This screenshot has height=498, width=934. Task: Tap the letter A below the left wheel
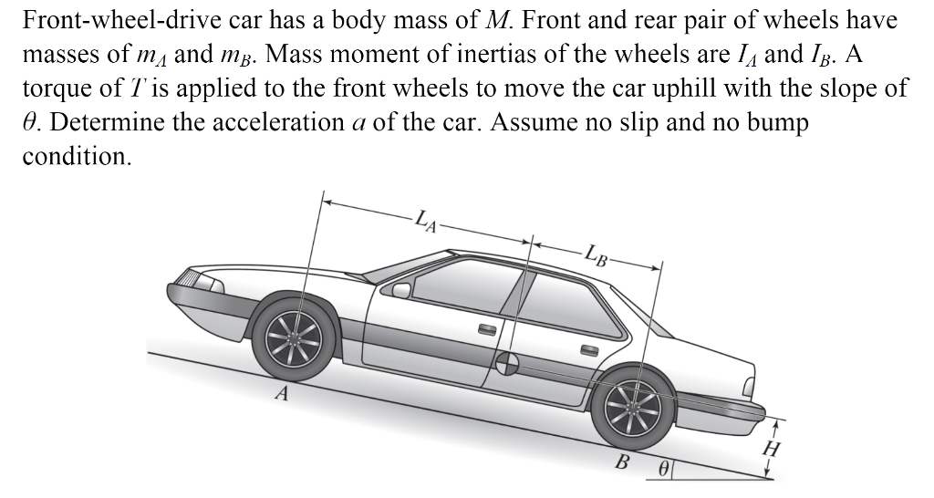coord(283,395)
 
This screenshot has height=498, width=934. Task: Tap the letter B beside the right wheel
coord(623,461)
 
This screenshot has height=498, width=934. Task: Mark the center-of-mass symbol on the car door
coord(508,364)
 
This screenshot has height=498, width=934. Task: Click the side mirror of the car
coord(402,290)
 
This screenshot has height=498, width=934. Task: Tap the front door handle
coord(486,330)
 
